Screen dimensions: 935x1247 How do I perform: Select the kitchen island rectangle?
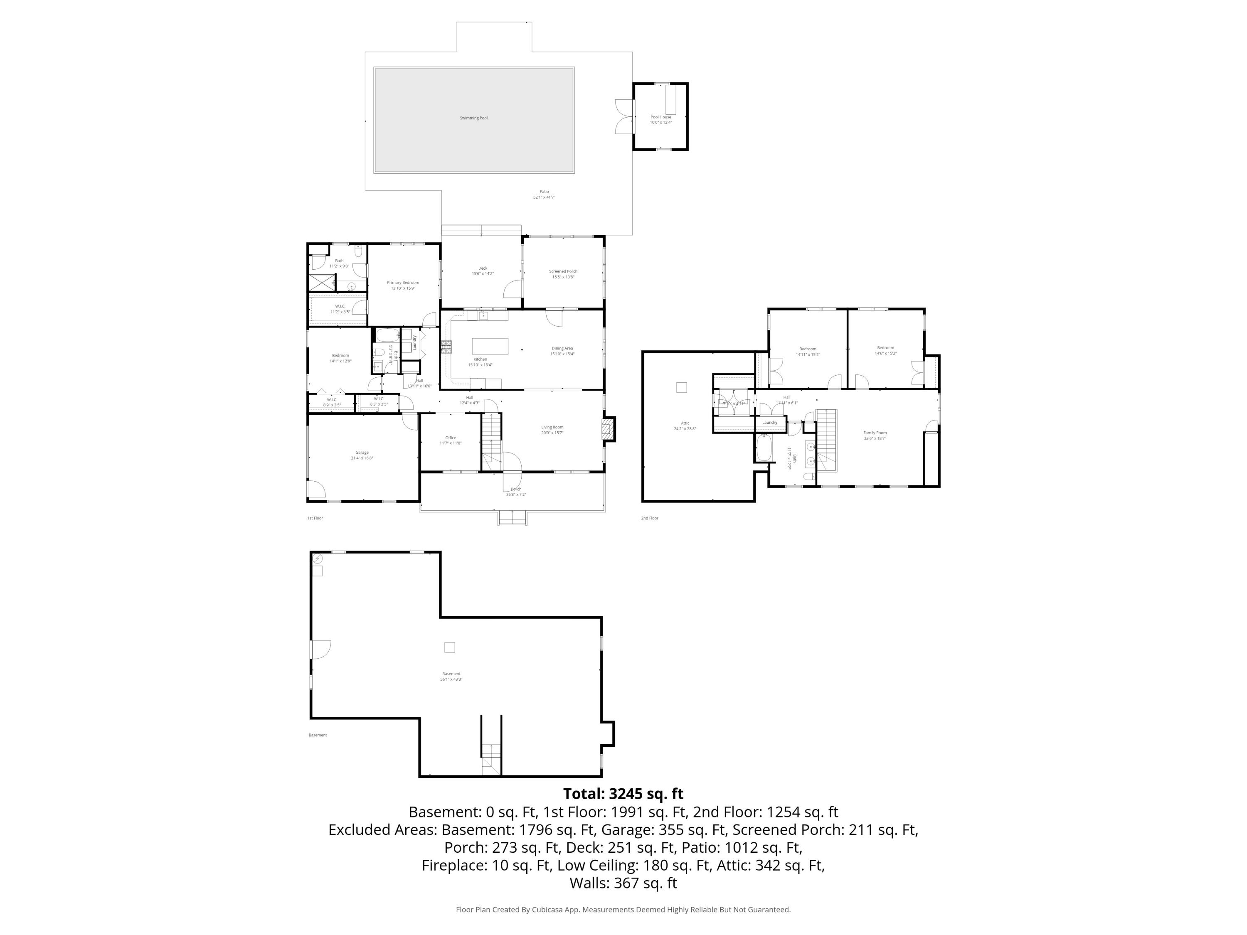490,346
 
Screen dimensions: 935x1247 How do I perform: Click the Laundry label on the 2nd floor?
769,423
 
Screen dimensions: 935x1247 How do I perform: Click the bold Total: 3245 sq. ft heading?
623,794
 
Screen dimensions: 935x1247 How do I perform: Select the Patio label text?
544,192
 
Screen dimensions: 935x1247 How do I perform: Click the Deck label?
483,268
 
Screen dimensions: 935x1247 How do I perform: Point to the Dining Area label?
562,348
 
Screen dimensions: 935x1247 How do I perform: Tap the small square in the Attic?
682,387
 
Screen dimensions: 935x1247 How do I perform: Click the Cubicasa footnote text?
623,909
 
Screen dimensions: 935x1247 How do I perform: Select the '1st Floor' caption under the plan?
315,518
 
